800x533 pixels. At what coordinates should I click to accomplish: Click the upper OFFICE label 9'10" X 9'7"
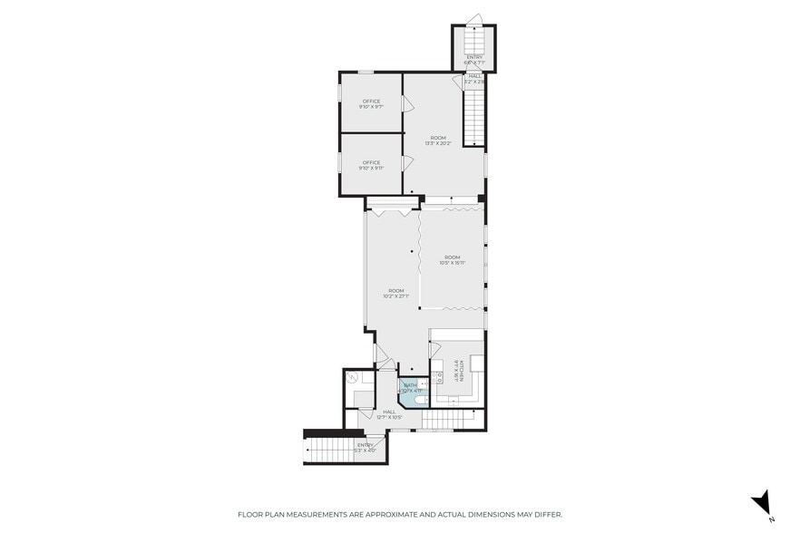tap(370, 104)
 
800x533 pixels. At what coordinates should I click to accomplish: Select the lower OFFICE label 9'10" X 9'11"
tap(370, 166)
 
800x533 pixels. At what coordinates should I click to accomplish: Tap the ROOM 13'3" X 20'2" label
tap(438, 141)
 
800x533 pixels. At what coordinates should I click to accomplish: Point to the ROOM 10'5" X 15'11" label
tap(452, 260)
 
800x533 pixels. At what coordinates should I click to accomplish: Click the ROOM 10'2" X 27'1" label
tap(395, 293)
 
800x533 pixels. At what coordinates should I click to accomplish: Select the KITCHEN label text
tap(460, 370)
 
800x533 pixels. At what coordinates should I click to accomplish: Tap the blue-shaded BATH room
tap(413, 392)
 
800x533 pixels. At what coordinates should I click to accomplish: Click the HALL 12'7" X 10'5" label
tap(389, 414)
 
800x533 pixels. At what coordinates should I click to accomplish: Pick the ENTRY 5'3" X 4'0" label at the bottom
tap(365, 447)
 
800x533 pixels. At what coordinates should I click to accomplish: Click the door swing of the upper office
tap(408, 104)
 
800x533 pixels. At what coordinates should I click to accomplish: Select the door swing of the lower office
tap(408, 163)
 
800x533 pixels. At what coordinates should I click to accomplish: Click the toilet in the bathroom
tap(423, 399)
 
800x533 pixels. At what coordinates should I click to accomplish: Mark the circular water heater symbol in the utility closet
tap(353, 378)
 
